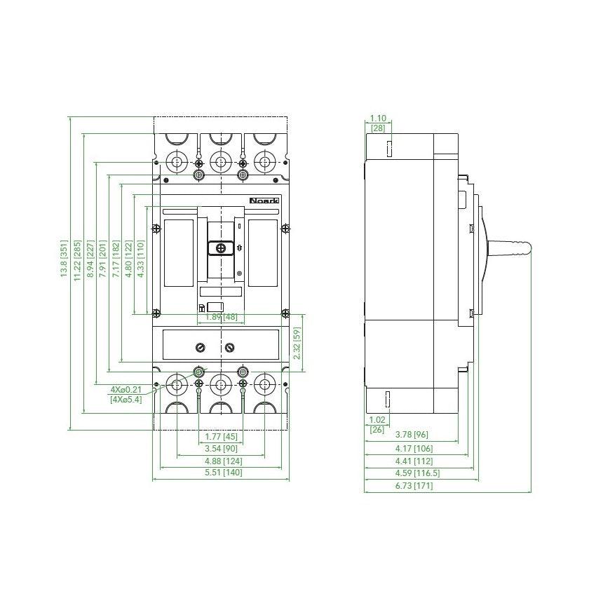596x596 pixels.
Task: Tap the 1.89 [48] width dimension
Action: point(220,318)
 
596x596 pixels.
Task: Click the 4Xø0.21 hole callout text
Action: point(126,389)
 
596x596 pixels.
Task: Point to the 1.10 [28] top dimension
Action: point(377,124)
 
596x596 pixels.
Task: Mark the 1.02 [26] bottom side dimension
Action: point(377,425)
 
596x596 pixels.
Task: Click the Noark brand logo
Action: point(264,201)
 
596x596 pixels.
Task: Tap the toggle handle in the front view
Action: point(221,248)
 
